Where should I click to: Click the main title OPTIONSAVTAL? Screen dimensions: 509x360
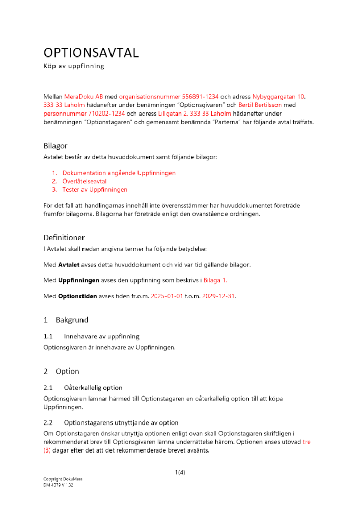click(x=91, y=53)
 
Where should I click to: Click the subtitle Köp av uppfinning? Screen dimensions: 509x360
click(x=73, y=66)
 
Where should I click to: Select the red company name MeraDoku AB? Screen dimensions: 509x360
click(x=84, y=97)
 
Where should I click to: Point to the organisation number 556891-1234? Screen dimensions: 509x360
click(x=201, y=97)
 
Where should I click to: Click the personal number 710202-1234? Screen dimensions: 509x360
click(x=84, y=114)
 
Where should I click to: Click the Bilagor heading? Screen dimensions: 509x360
click(x=56, y=146)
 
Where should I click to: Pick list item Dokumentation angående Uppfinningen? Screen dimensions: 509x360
click(x=119, y=173)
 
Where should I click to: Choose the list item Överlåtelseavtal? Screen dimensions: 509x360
click(x=84, y=181)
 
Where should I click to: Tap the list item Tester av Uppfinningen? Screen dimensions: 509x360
click(x=95, y=190)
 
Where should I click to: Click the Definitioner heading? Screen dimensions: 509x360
click(x=64, y=238)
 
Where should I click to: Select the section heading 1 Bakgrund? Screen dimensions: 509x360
click(x=66, y=320)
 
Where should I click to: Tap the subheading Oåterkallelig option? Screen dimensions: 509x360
click(x=93, y=388)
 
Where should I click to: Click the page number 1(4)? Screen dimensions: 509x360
click(x=180, y=472)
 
